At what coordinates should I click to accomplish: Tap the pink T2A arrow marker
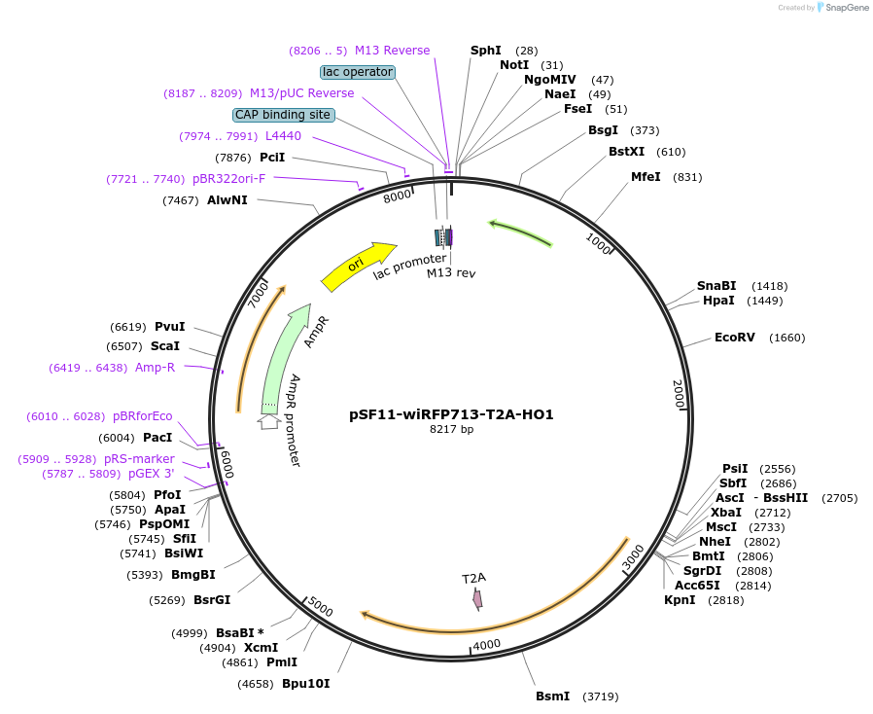[477, 599]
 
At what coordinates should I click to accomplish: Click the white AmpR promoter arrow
[268, 421]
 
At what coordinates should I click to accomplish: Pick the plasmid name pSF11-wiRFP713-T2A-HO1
[451, 414]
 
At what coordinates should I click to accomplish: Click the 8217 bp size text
[451, 429]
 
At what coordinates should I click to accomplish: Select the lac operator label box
[358, 72]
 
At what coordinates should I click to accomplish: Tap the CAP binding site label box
[283, 115]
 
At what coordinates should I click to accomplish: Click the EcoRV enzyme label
[734, 338]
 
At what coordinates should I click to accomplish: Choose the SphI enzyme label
[485, 51]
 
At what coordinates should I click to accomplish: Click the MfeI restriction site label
[646, 177]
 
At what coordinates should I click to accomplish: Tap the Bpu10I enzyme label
[305, 684]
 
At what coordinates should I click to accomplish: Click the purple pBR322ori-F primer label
[228, 179]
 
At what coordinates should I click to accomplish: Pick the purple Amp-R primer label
[155, 368]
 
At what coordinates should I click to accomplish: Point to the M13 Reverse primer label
[392, 51]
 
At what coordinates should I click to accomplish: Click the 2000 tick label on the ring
[679, 394]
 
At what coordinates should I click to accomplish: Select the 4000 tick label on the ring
[486, 644]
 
